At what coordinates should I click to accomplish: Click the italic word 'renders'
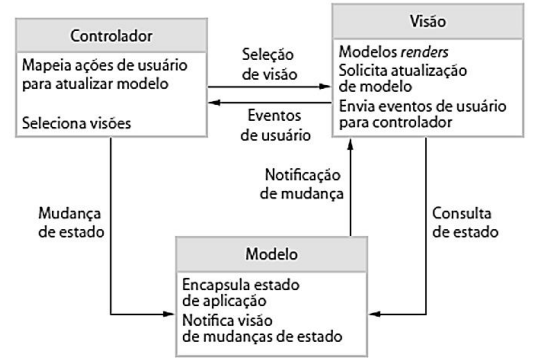coord(426,50)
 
